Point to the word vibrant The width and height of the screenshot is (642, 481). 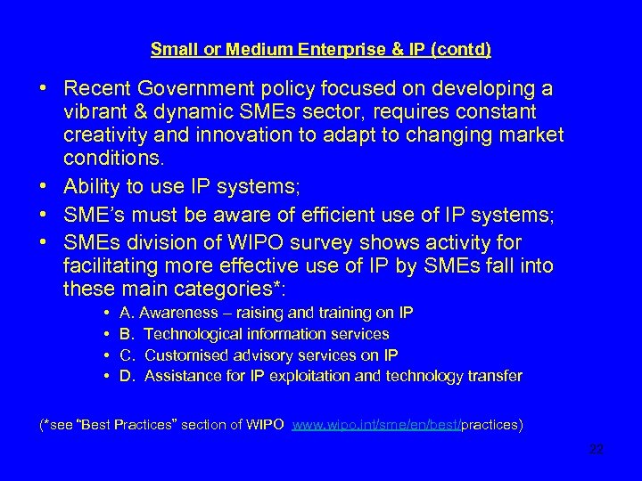[95, 113]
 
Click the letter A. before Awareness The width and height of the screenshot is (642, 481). [127, 313]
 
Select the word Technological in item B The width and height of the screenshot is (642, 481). [193, 334]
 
